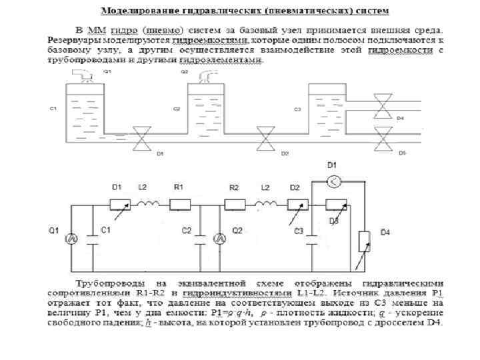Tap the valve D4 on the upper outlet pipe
click(x=381, y=106)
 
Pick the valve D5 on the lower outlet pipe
click(x=381, y=141)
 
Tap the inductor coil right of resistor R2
click(x=266, y=204)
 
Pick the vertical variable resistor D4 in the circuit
click(x=363, y=243)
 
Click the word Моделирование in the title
click(x=136, y=12)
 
